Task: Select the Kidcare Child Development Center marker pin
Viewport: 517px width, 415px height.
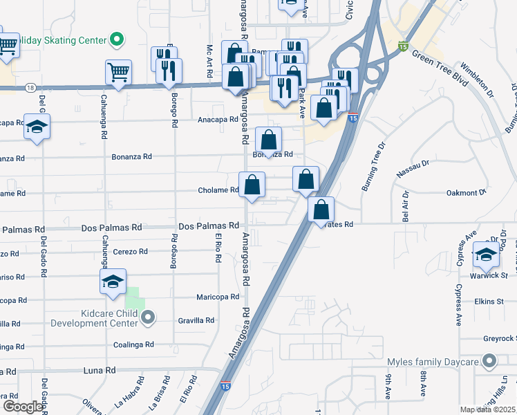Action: pos(147,317)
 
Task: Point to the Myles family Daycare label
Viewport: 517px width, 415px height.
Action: pos(433,362)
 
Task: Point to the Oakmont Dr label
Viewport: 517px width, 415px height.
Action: pos(467,192)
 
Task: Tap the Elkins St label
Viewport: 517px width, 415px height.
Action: pos(489,302)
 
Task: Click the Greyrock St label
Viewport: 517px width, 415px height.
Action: pos(500,338)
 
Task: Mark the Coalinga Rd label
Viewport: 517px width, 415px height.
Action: pos(133,344)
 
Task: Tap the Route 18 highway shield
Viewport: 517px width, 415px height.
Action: pos(30,88)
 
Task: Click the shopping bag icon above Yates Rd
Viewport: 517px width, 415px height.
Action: pos(321,209)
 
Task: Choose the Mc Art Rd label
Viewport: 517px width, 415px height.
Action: pos(209,60)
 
